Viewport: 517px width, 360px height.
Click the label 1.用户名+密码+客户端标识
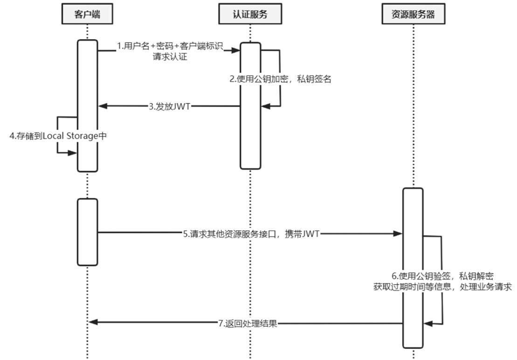170,47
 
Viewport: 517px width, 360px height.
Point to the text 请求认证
170,57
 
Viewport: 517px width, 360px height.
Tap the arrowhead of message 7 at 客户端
93,322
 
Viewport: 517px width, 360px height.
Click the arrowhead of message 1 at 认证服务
235,50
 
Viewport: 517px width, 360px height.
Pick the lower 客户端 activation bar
87,232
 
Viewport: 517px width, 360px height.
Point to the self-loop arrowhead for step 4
73,152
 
